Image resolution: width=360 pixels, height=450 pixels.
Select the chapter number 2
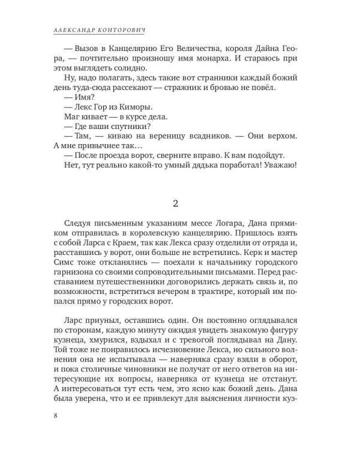(179, 202)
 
